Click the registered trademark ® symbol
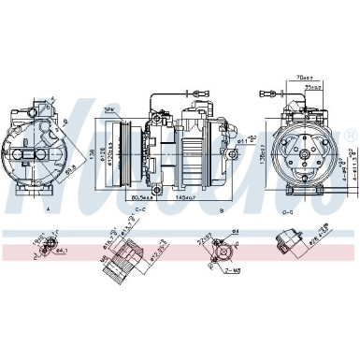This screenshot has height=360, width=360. click(x=351, y=135)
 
